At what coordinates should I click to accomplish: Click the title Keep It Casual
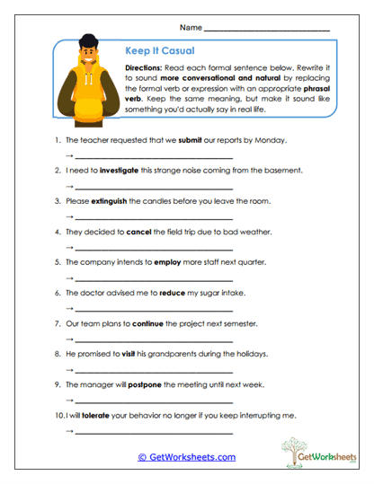pyautogui.click(x=159, y=51)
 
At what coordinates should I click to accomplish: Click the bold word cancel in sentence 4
pyautogui.click(x=138, y=232)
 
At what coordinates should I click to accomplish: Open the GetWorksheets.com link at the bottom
pyautogui.click(x=187, y=457)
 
